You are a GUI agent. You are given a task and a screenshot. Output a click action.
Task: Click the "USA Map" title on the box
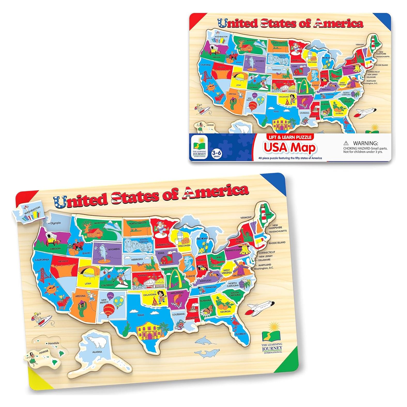pos(290,148)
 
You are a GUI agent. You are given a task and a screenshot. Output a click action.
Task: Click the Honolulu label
pos(53,343)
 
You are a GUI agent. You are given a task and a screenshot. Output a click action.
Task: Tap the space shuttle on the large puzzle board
pos(260,308)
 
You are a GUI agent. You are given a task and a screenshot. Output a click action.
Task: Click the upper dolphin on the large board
pos(206,341)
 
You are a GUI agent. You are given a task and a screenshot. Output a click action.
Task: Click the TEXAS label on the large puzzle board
pos(141,315)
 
